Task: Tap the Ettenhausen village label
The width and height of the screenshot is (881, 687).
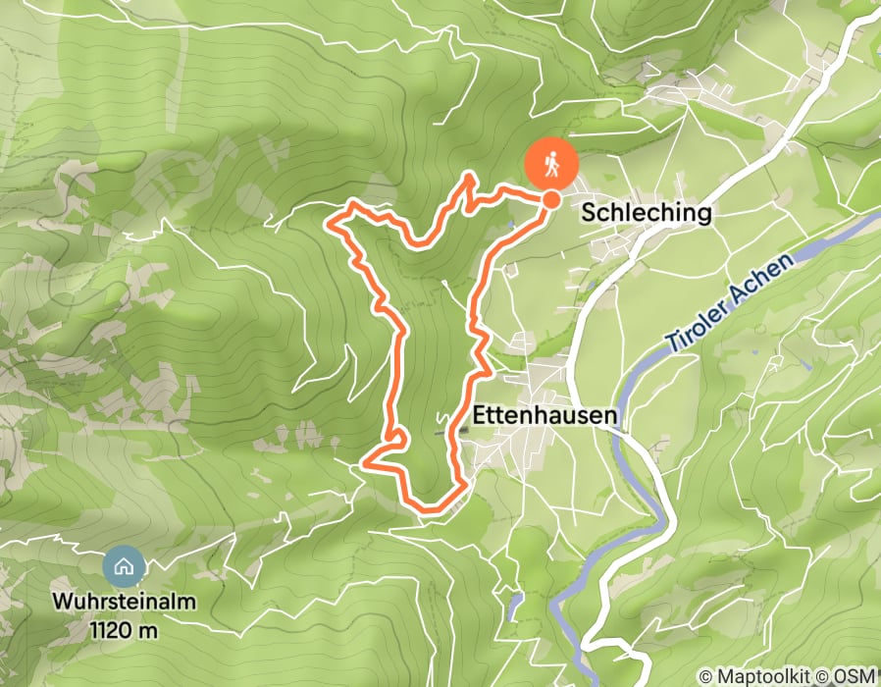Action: tap(545, 416)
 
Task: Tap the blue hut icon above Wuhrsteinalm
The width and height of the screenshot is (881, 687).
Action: tap(124, 565)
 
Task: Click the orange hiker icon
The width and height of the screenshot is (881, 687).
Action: tap(550, 164)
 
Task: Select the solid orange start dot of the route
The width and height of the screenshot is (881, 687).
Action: tap(551, 200)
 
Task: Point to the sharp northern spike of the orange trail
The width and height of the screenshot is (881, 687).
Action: tap(470, 177)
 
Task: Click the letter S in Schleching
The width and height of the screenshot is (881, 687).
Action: tap(589, 213)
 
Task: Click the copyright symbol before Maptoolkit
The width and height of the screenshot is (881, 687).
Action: tap(706, 676)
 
